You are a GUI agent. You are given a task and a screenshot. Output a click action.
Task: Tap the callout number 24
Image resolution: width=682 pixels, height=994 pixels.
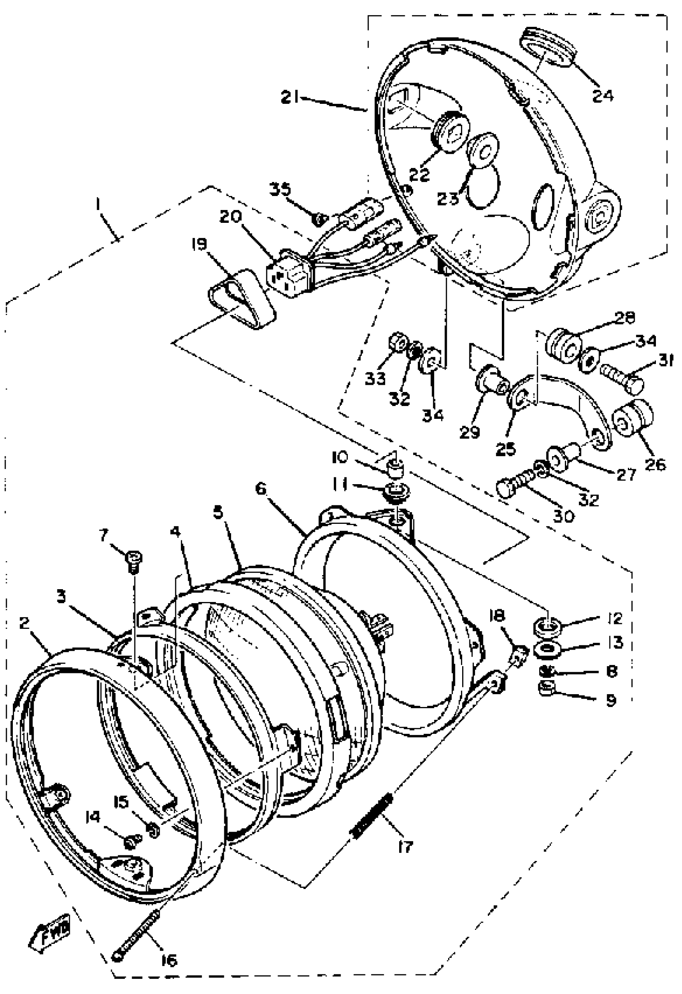(x=603, y=95)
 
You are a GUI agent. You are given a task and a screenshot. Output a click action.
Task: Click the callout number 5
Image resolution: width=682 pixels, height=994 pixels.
(x=219, y=512)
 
